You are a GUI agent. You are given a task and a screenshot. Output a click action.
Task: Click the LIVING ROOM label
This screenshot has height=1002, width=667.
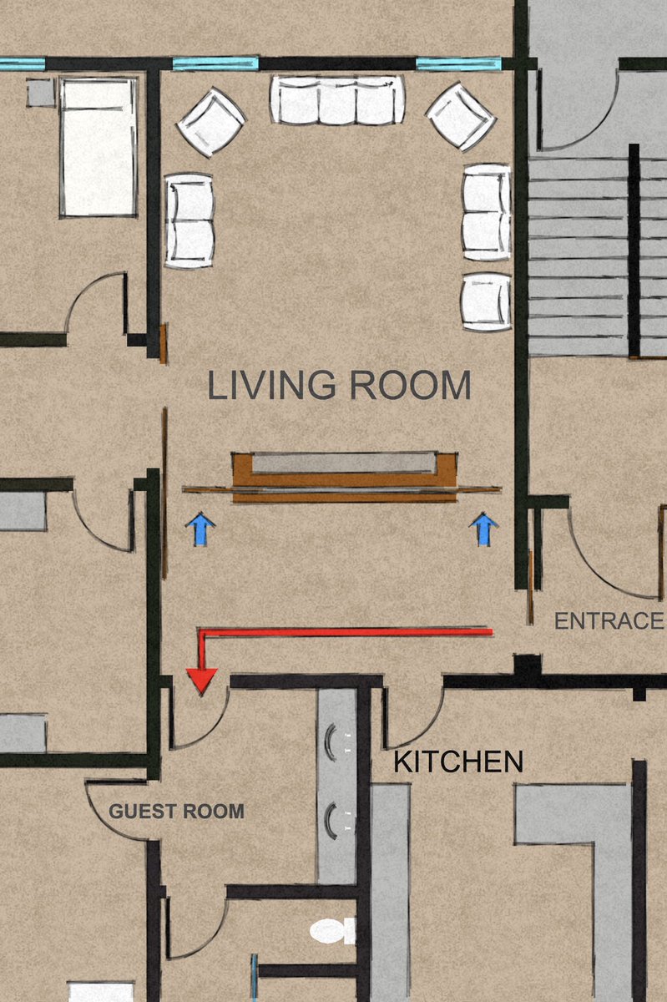click(x=339, y=385)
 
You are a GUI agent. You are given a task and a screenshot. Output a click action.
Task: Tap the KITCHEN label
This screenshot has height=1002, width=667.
click(x=458, y=762)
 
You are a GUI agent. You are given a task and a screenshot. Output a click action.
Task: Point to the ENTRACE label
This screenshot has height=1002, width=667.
click(x=609, y=621)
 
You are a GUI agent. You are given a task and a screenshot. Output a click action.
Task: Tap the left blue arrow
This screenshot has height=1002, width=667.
click(x=201, y=529)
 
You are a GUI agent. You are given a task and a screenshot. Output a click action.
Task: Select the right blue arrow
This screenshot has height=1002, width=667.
click(x=483, y=529)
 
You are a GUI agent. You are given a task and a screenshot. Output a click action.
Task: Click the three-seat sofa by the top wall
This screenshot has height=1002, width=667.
click(x=338, y=99)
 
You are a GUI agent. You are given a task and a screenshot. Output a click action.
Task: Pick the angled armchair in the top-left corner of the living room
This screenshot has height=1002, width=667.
click(x=211, y=122)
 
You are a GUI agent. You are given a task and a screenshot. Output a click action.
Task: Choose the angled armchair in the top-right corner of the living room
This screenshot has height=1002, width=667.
click(x=462, y=117)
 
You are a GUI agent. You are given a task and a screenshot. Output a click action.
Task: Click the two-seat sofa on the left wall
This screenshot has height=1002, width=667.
click(x=189, y=221)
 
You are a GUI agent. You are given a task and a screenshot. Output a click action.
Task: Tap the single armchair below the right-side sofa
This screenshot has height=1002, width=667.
click(x=487, y=301)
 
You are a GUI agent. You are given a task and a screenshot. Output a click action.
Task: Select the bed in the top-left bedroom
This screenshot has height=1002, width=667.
click(x=99, y=148)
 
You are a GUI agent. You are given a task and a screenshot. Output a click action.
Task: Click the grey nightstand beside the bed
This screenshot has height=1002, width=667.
click(x=41, y=93)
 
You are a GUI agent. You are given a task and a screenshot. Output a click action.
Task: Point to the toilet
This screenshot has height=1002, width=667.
click(x=333, y=931)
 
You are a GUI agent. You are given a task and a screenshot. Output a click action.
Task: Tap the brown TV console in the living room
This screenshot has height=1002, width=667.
click(x=345, y=477)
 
